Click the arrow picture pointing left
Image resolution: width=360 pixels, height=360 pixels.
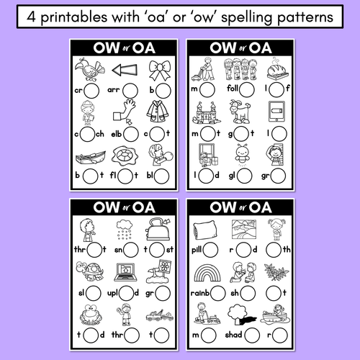[x=125, y=70]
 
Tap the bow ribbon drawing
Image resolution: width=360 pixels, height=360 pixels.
[x=160, y=71]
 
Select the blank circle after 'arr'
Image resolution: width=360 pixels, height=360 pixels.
[x=130, y=91]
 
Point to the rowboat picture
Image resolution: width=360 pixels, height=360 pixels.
[x=91, y=158]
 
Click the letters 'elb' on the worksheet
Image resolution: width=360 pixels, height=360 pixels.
[x=117, y=134]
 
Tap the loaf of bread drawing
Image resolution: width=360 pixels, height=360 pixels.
[x=277, y=70]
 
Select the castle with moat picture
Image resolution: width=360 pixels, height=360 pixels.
[x=207, y=113]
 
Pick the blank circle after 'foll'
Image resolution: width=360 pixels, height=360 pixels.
[x=247, y=90]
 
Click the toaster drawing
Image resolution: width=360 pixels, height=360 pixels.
[x=158, y=230]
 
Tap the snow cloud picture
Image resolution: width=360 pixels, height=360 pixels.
[x=125, y=230]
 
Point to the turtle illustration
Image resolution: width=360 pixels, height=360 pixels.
[x=89, y=271]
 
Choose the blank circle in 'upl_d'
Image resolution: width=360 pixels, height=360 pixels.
[x=126, y=293]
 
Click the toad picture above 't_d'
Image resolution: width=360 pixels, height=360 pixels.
[x=91, y=315]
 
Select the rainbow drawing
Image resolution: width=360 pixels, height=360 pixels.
[x=207, y=273]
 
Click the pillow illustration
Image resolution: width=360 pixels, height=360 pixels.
[x=205, y=230]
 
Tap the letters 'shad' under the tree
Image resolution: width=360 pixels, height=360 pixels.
[x=233, y=335]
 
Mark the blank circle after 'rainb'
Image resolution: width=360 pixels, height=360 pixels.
[x=217, y=293]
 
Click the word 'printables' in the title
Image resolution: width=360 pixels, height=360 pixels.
[x=74, y=17]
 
